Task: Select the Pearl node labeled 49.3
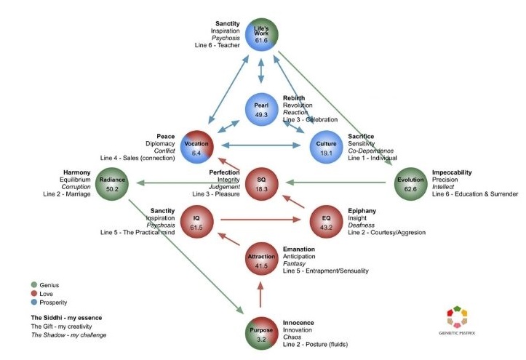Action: pos(261,109)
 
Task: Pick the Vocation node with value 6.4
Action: pos(196,148)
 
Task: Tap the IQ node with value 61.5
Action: pos(196,221)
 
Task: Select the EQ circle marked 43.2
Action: pos(326,221)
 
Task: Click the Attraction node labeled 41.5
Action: pos(261,262)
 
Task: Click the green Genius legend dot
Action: pos(33,285)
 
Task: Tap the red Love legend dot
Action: pos(33,294)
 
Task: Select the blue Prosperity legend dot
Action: pos(33,303)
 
